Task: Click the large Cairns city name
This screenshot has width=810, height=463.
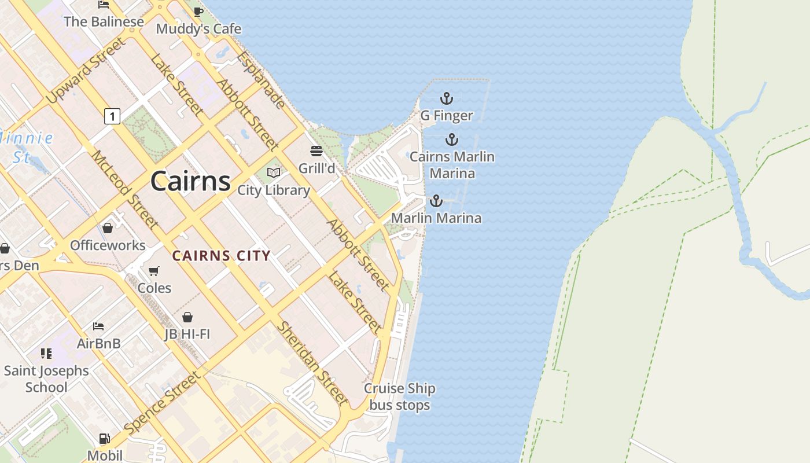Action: click(190, 181)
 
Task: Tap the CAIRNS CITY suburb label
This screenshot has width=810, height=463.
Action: click(222, 256)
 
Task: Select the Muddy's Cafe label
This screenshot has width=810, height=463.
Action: click(198, 28)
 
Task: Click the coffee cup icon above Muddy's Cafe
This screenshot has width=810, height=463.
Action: click(198, 12)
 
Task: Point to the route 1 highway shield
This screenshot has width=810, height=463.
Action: click(112, 116)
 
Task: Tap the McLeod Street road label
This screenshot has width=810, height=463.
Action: click(124, 189)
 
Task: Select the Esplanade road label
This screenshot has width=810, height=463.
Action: click(261, 80)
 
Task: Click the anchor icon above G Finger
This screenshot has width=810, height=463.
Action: click(446, 98)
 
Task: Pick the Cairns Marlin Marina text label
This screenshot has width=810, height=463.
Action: click(452, 165)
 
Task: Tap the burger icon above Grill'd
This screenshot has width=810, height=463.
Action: click(316, 152)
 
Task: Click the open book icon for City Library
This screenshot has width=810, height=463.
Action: click(274, 172)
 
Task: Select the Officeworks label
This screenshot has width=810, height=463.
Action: click(108, 245)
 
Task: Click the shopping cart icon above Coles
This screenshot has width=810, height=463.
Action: click(154, 271)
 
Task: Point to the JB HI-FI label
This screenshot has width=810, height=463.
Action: click(187, 334)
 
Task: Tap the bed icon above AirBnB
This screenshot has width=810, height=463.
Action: click(98, 326)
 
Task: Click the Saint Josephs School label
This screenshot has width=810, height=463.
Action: click(46, 379)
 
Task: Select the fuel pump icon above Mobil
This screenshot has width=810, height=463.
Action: click(104, 439)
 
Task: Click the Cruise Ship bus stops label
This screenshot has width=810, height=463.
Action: click(399, 396)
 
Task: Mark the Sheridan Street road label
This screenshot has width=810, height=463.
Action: click(312, 363)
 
